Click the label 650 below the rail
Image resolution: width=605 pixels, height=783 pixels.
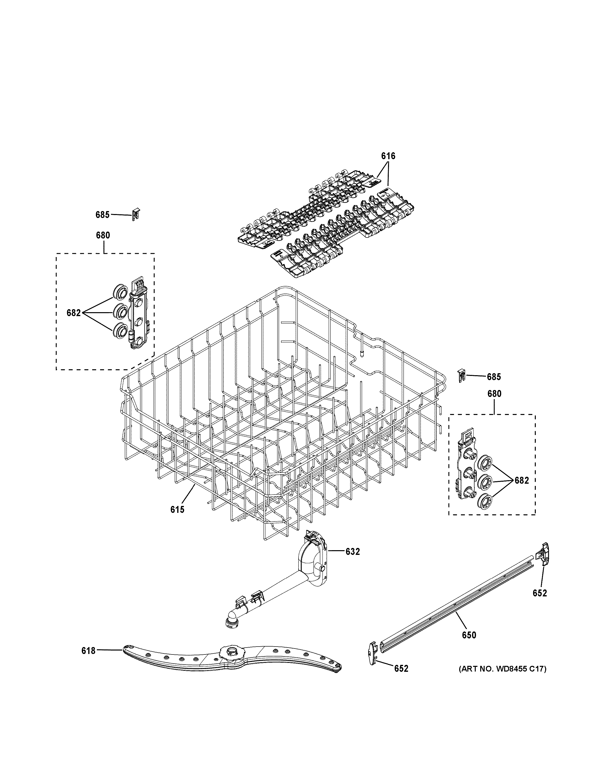coord(469,635)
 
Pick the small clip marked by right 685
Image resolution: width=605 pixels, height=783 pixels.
coord(462,376)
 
